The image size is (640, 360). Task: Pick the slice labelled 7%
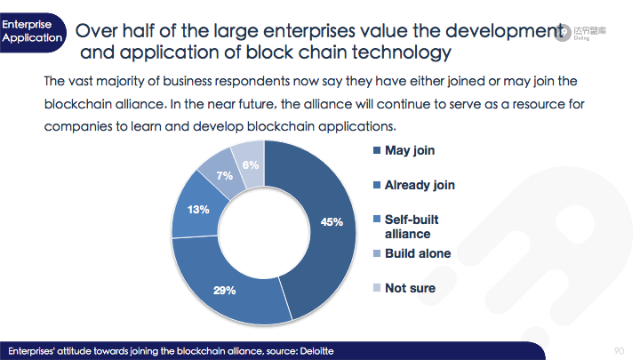coord(224,175)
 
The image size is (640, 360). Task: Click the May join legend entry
coord(404,150)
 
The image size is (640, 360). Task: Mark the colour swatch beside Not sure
coord(377,288)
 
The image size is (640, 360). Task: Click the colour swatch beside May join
coord(377,150)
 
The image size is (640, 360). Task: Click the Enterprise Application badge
coord(33,32)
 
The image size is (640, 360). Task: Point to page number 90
coord(619,351)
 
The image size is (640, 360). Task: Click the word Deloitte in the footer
coord(316,351)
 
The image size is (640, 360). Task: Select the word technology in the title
coord(402,52)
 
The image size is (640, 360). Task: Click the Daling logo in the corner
coord(580,32)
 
